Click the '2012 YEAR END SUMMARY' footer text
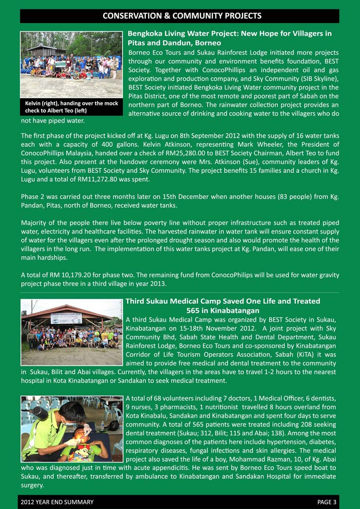coord(57,502)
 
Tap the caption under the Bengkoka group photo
coord(71,107)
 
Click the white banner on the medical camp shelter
coord(66,318)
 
